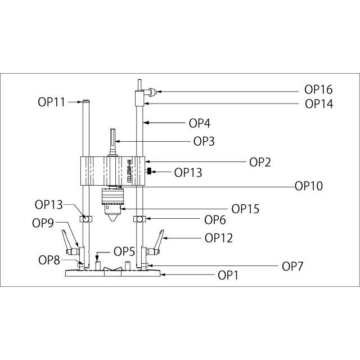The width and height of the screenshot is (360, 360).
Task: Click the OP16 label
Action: click(x=318, y=89)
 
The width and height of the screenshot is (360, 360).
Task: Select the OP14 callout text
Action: click(x=318, y=103)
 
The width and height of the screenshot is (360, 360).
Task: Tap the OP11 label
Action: click(x=52, y=102)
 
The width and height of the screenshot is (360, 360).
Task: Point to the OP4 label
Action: click(x=199, y=123)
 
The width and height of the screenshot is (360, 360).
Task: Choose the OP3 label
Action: click(x=204, y=142)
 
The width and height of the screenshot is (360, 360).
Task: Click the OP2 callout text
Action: click(x=260, y=162)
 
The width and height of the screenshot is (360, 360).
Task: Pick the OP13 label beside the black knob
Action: click(x=188, y=173)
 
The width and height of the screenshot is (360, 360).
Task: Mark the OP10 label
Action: click(x=308, y=186)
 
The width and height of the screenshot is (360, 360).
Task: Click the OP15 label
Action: click(x=245, y=208)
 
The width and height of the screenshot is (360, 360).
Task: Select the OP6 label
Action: click(x=215, y=219)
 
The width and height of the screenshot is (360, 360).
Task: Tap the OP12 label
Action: click(x=219, y=238)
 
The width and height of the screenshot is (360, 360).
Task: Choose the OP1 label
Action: click(x=229, y=276)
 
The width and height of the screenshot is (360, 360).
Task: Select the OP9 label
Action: click(x=43, y=223)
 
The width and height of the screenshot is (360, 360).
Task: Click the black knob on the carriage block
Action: click(x=148, y=171)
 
